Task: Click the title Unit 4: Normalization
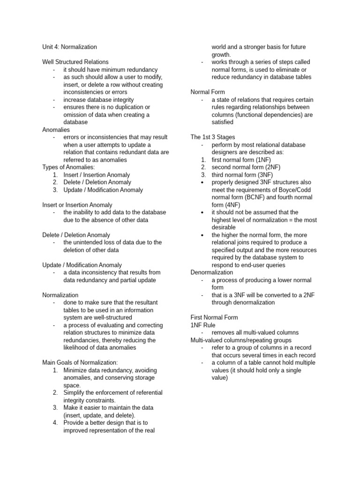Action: click(x=69, y=47)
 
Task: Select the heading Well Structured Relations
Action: click(x=75, y=62)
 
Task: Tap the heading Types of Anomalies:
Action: click(x=68, y=167)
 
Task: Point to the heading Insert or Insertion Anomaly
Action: click(x=77, y=205)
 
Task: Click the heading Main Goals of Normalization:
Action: click(x=80, y=362)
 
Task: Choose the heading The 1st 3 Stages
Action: click(x=213, y=137)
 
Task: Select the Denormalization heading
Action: click(x=212, y=272)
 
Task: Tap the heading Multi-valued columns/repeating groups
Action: click(x=241, y=340)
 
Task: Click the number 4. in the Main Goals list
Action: click(x=55, y=422)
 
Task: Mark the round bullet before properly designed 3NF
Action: click(x=202, y=182)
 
